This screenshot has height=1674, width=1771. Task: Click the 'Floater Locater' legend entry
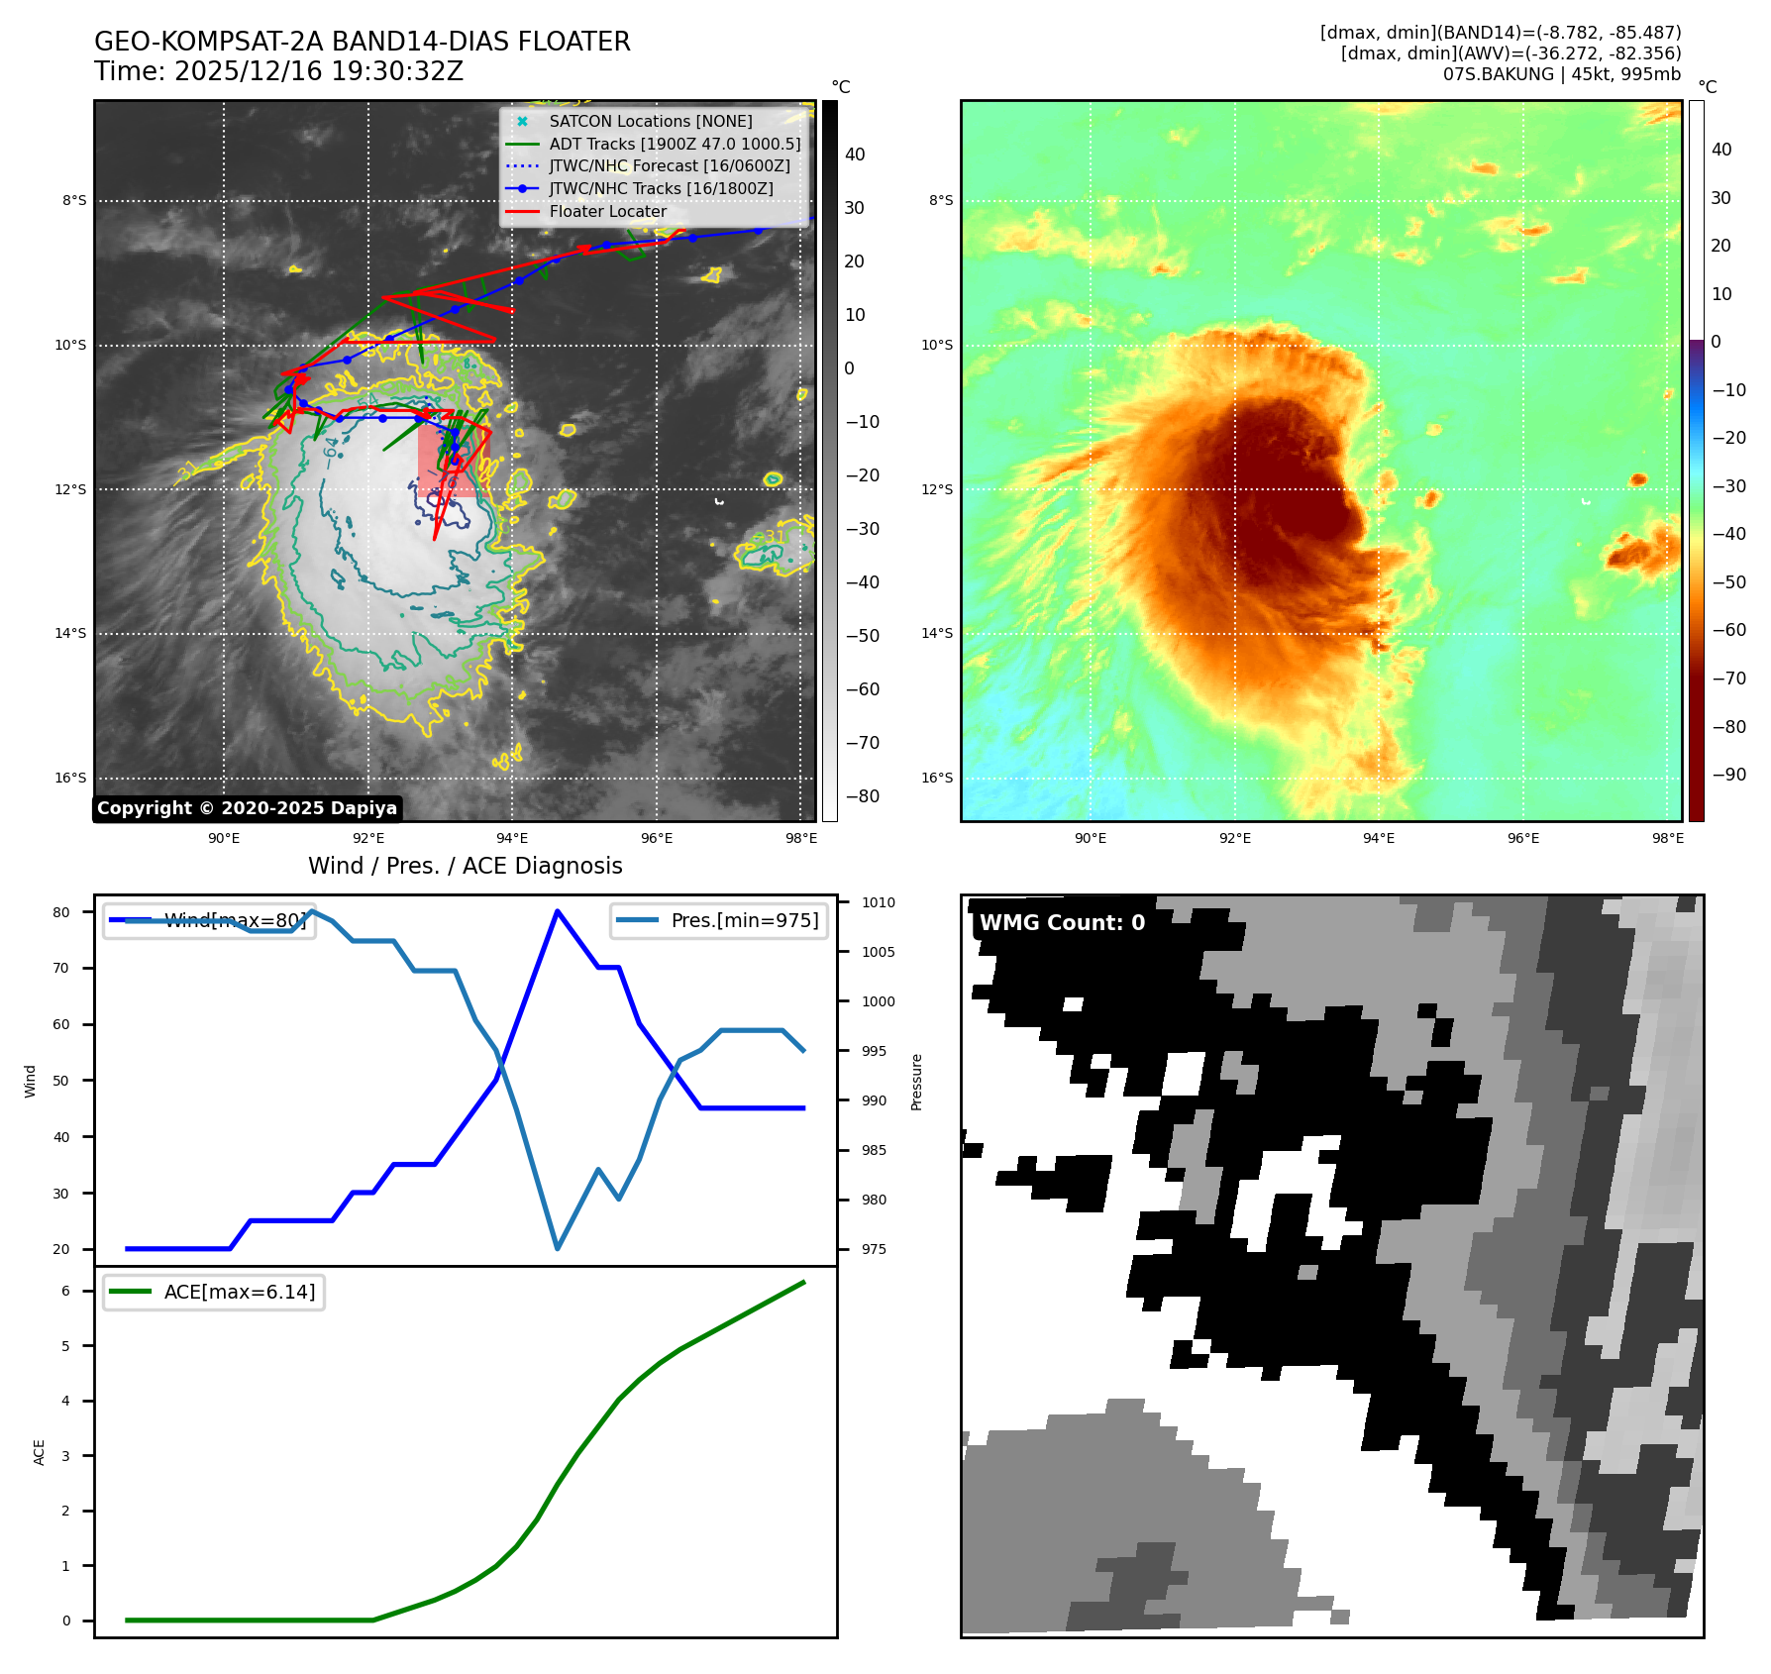pyautogui.click(x=607, y=211)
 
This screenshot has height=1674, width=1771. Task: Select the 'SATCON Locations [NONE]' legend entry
pyautogui.click(x=650, y=121)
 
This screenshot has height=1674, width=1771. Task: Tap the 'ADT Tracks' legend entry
pyautogui.click(x=674, y=144)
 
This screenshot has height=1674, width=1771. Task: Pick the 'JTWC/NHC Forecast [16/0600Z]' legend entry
pyautogui.click(x=669, y=165)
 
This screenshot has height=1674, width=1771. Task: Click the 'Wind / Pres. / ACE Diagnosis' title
pyautogui.click(x=465, y=866)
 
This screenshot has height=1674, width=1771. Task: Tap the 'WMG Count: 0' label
pyautogui.click(x=1062, y=922)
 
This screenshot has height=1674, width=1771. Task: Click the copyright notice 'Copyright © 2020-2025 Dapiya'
pyautogui.click(x=247, y=808)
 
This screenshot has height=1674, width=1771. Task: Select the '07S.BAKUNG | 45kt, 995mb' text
pyautogui.click(x=1561, y=74)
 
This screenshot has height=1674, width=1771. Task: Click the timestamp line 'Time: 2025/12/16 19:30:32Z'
pyautogui.click(x=278, y=71)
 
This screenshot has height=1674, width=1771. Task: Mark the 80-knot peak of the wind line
pyautogui.click(x=558, y=911)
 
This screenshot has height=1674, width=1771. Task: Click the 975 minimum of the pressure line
pyautogui.click(x=558, y=1248)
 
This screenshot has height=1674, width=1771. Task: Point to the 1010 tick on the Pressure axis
pyautogui.click(x=878, y=902)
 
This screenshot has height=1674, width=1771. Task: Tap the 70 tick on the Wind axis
pyautogui.click(x=61, y=968)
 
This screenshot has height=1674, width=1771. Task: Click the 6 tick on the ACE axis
pyautogui.click(x=65, y=1291)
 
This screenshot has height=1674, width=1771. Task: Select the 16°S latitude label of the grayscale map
pyautogui.click(x=70, y=778)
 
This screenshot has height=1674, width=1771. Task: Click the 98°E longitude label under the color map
pyautogui.click(x=1667, y=838)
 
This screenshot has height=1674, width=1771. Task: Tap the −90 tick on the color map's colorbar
pyautogui.click(x=1728, y=775)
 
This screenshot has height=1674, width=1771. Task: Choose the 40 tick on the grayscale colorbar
pyautogui.click(x=854, y=155)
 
